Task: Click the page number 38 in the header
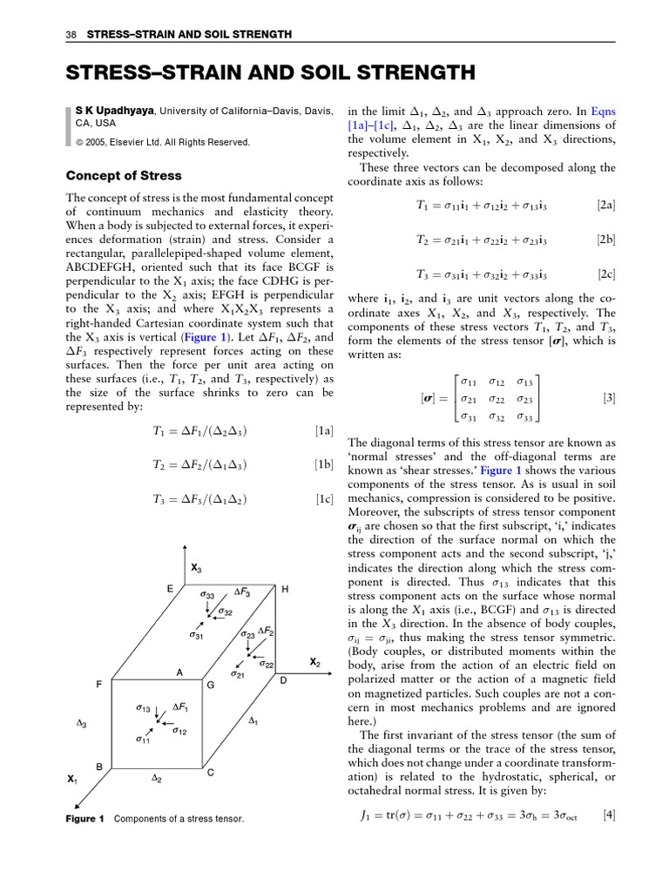(71, 34)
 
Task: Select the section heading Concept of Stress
(125, 175)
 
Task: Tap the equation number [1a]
(324, 429)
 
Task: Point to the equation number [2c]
(606, 274)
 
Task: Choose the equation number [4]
(609, 815)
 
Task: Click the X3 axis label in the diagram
(196, 568)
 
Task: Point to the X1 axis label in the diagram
(73, 778)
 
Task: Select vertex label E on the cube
(170, 589)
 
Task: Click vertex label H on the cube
(285, 590)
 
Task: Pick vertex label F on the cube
(100, 685)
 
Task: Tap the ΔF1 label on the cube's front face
(181, 706)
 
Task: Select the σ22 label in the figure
(266, 665)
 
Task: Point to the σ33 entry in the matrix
(524, 416)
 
